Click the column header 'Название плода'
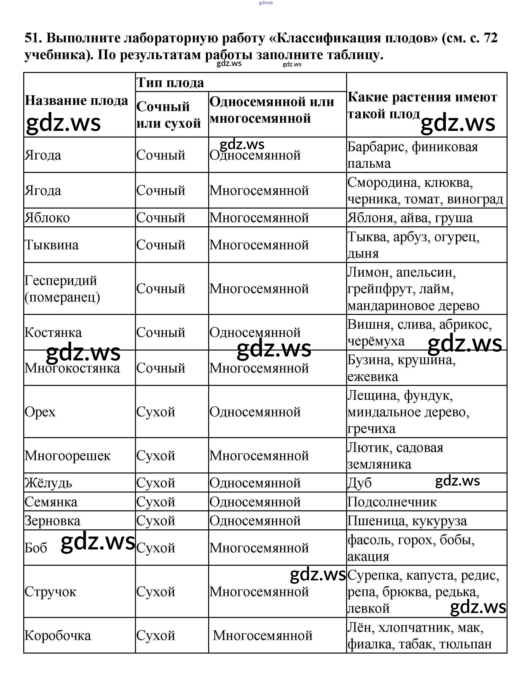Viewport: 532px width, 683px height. pyautogui.click(x=76, y=101)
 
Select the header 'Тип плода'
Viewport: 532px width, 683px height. pyautogui.click(x=170, y=83)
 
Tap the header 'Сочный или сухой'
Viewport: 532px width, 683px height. pyautogui.click(x=169, y=115)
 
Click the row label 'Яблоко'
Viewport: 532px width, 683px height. pyautogui.click(x=47, y=218)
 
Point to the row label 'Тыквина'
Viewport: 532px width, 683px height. pyautogui.click(x=52, y=245)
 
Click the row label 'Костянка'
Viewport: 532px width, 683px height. pyautogui.click(x=53, y=332)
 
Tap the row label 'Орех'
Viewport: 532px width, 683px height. pyautogui.click(x=40, y=412)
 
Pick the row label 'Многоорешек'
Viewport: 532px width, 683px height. pyautogui.click(x=67, y=456)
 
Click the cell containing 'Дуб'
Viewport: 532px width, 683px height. pyautogui.click(x=359, y=483)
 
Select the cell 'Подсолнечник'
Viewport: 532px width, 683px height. pyautogui.click(x=392, y=502)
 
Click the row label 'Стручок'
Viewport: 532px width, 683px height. pyautogui.click(x=50, y=592)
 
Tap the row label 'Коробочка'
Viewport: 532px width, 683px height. pyautogui.click(x=58, y=636)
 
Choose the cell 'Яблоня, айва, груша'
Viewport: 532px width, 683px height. pyautogui.click(x=410, y=218)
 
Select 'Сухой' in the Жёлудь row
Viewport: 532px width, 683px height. pyautogui.click(x=156, y=483)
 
